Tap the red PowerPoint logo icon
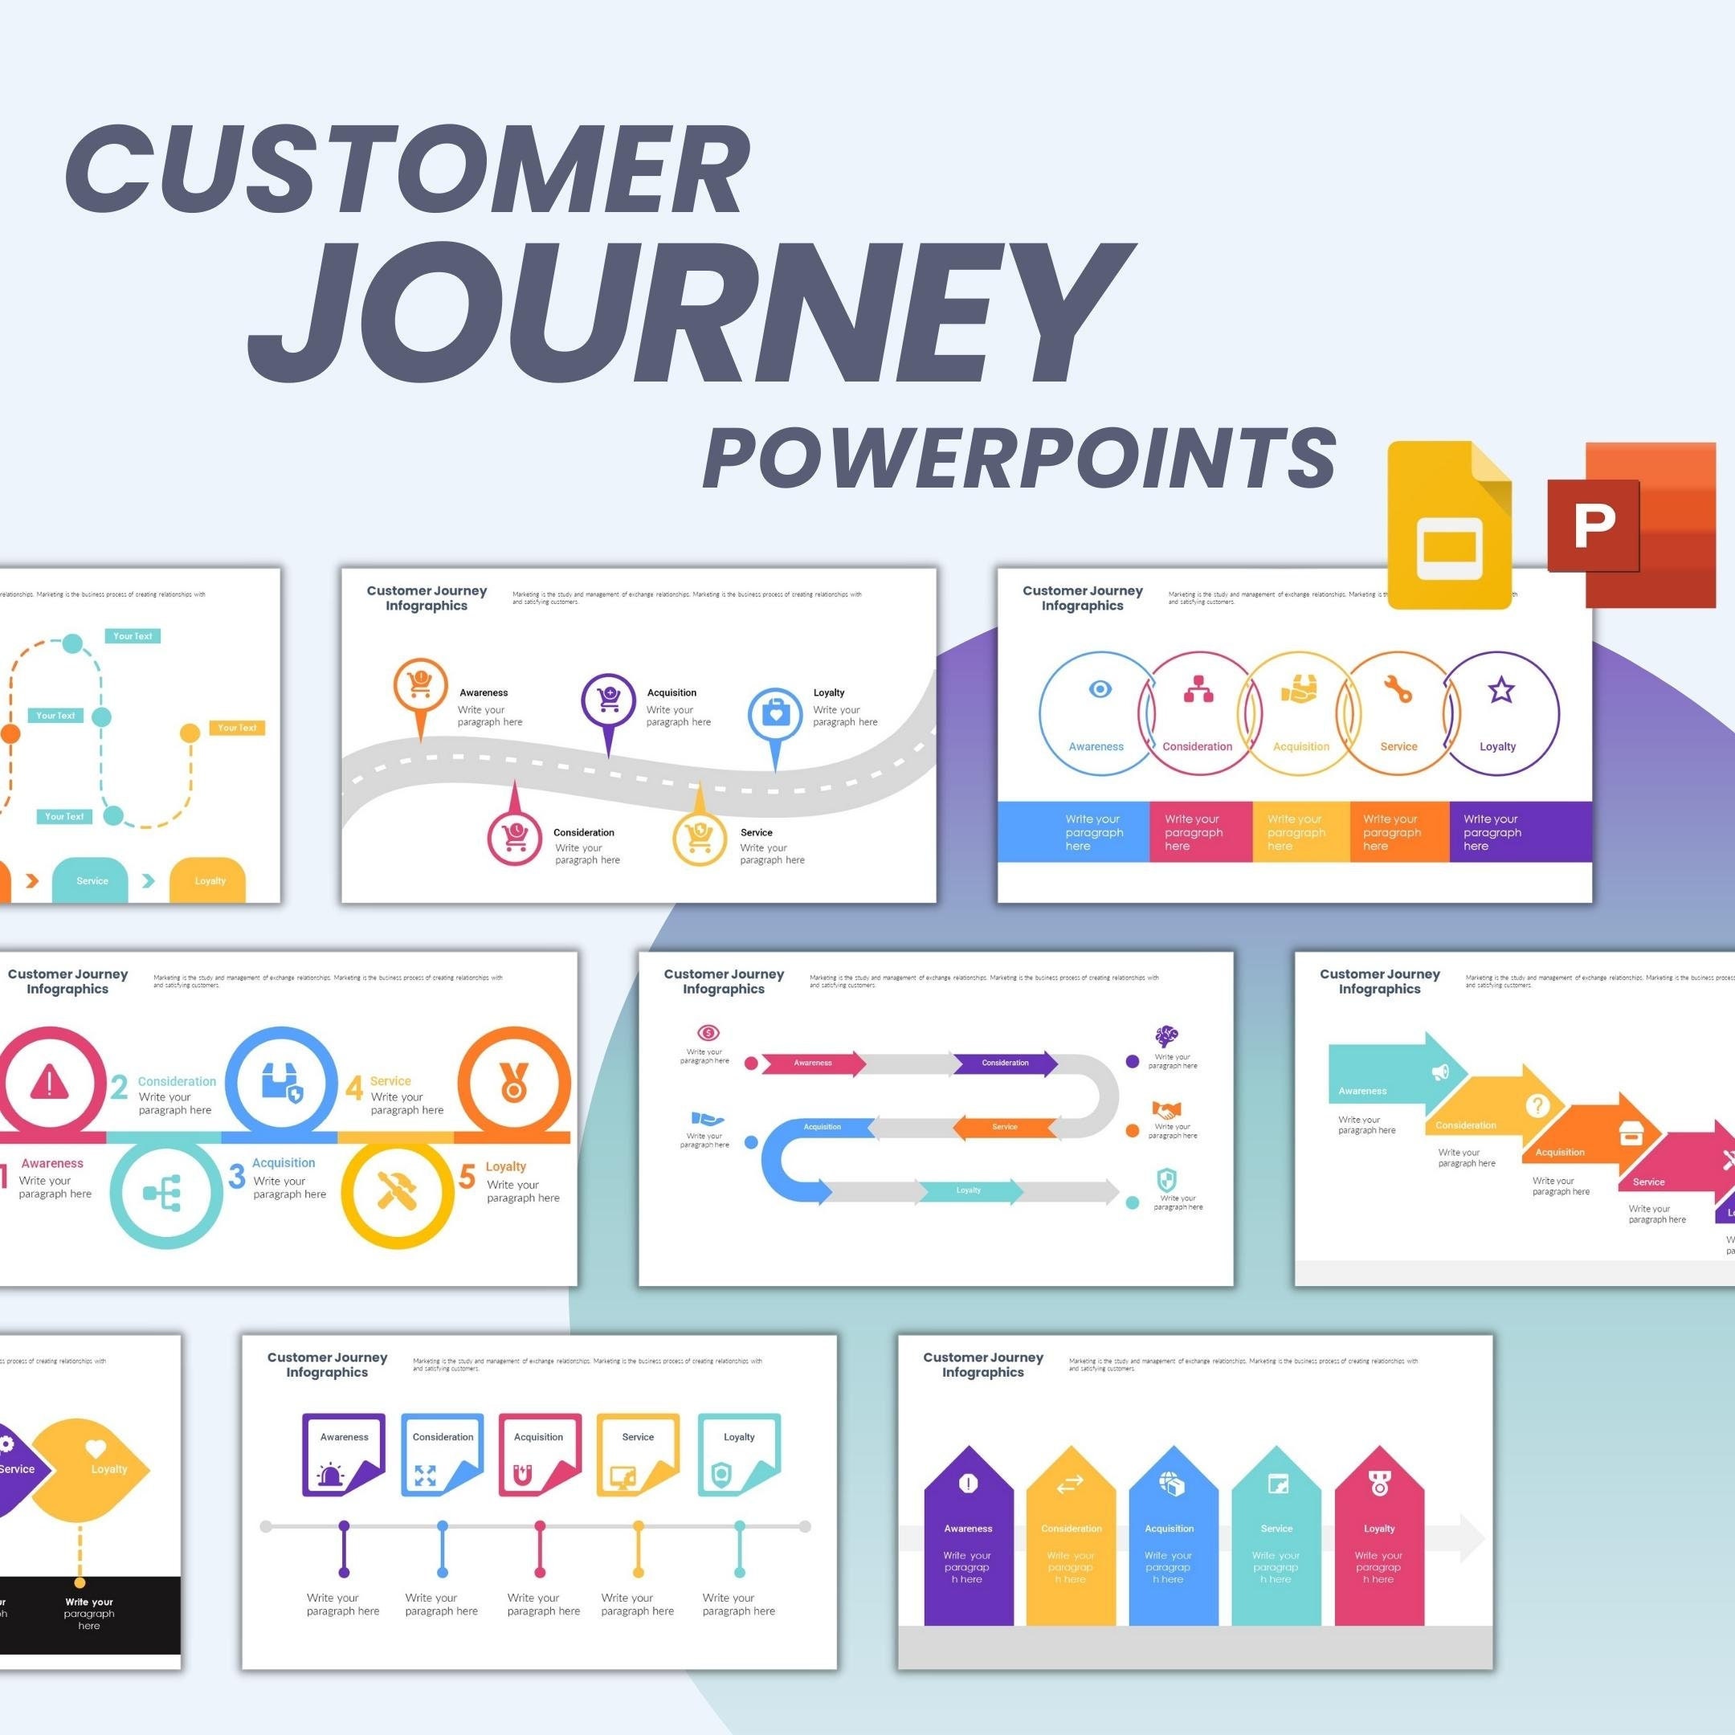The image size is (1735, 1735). tap(1631, 525)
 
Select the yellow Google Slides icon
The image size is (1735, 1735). tap(1448, 525)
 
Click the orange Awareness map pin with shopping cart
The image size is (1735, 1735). tap(420, 688)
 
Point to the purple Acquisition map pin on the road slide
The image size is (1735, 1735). tap(608, 701)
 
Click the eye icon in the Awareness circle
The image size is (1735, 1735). tap(1099, 689)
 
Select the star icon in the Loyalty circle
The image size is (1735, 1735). tap(1500, 691)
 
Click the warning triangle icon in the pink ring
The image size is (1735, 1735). tap(49, 1082)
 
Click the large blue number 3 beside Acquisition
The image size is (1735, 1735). tap(237, 1177)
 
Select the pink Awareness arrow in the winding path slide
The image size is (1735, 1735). tap(813, 1063)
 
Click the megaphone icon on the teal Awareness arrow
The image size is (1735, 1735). tap(1440, 1072)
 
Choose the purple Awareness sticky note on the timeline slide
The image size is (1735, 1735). tap(344, 1455)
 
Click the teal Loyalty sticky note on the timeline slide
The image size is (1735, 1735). tap(739, 1455)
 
